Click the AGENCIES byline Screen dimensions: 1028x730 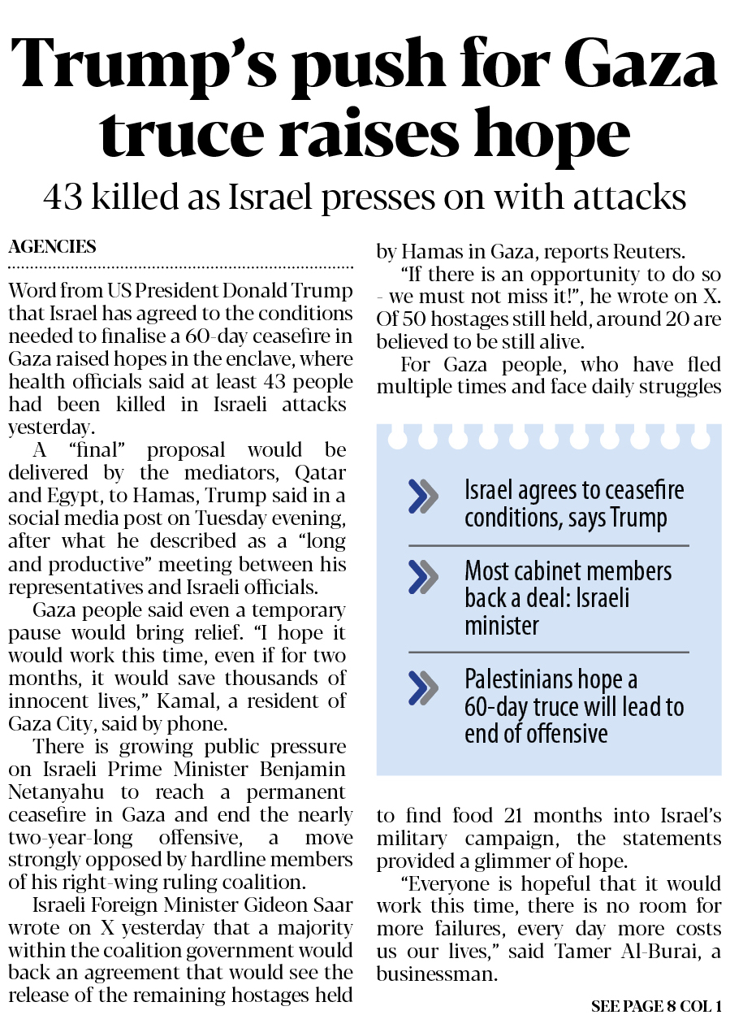pyautogui.click(x=52, y=247)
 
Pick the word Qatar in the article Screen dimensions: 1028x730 pyautogui.click(x=320, y=473)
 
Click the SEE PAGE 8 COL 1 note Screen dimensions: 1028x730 pyautogui.click(x=656, y=1007)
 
